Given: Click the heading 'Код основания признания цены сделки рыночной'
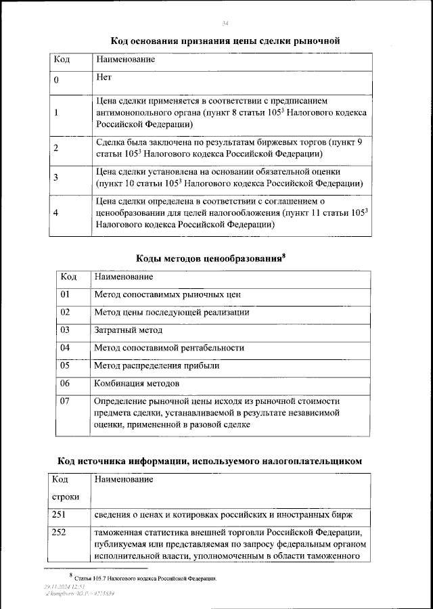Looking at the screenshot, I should point(225,41).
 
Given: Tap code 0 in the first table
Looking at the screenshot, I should point(56,81).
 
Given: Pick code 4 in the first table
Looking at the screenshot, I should point(56,213).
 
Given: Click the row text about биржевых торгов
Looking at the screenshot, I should point(230,148).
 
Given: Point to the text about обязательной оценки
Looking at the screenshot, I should point(230,177).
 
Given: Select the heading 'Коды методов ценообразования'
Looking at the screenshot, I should point(210,258).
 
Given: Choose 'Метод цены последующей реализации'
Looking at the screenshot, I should point(172,312).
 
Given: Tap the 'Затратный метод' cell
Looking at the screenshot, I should point(129,330).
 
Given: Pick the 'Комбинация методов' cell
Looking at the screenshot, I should point(137,383).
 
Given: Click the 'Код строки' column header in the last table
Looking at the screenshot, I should point(66,488).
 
